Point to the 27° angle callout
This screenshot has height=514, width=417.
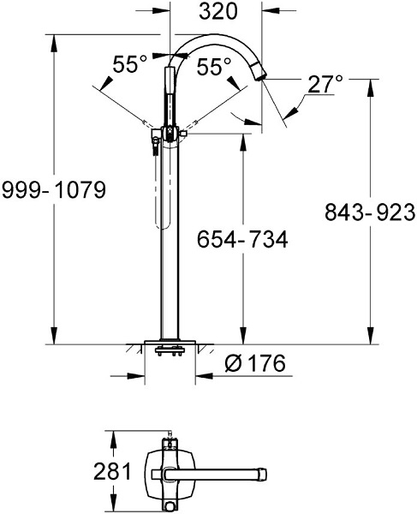pos(325,83)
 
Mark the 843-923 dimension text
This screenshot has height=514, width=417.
pos(371,211)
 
